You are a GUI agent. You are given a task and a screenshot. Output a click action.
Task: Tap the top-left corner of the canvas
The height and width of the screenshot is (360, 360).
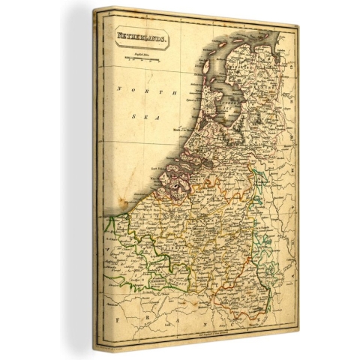pyautogui.click(x=94, y=10)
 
